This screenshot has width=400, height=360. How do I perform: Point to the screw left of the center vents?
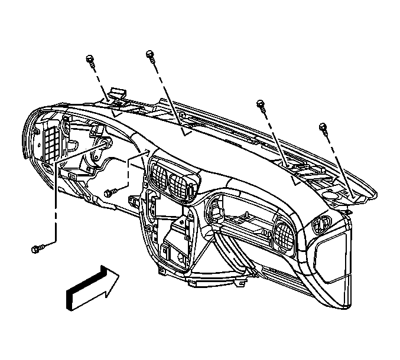click(109, 192)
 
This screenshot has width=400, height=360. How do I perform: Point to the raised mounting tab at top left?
click(117, 94)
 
